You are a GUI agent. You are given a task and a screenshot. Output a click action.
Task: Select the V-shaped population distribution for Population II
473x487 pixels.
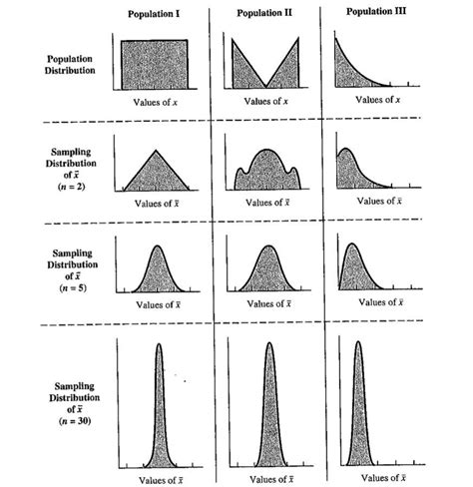[x=266, y=70]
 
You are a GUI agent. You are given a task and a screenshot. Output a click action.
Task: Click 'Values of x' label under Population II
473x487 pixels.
[x=266, y=101]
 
